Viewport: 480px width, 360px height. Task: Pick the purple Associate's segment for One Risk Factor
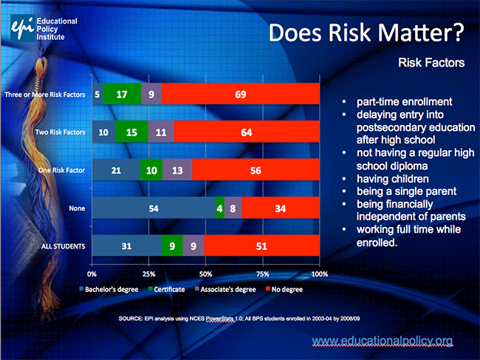[177, 170]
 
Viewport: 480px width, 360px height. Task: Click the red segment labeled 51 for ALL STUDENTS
[261, 246]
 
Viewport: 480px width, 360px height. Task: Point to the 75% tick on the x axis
[263, 274]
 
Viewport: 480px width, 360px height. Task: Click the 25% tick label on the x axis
[148, 274]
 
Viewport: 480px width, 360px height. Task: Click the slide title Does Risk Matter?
[366, 33]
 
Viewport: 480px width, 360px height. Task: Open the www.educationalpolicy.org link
[381, 340]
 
